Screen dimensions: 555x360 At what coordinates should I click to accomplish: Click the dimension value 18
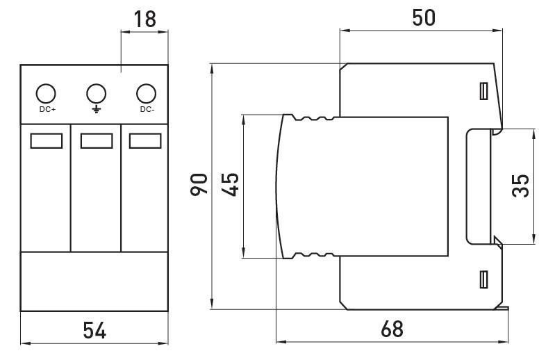[x=145, y=19]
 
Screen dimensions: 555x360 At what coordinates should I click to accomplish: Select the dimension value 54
[x=94, y=331]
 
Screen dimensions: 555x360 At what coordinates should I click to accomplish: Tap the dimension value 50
[x=424, y=17]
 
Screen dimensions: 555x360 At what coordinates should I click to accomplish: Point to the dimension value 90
[x=199, y=184]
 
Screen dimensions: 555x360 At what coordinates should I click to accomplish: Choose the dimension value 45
[x=230, y=184]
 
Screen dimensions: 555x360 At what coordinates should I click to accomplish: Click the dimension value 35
[x=520, y=186]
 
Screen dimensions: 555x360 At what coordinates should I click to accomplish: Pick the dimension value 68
[x=392, y=329]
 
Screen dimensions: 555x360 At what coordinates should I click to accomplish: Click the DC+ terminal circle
[x=46, y=94]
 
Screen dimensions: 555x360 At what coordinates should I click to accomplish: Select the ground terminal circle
[x=97, y=94]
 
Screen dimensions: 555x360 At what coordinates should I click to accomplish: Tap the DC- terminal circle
[x=146, y=94]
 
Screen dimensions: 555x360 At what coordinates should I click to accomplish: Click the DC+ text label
[x=47, y=109]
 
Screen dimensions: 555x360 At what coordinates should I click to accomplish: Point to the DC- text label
[x=147, y=109]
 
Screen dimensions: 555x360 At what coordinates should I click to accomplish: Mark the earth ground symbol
[x=97, y=108]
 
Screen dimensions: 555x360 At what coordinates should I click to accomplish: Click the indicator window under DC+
[x=47, y=141]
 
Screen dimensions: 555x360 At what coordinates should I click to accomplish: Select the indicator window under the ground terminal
[x=97, y=141]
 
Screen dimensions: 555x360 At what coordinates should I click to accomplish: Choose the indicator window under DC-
[x=145, y=141]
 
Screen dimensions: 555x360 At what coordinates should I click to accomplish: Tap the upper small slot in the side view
[x=484, y=91]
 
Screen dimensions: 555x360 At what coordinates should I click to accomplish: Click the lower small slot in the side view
[x=484, y=279]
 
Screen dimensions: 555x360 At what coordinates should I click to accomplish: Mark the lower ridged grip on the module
[x=313, y=255]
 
